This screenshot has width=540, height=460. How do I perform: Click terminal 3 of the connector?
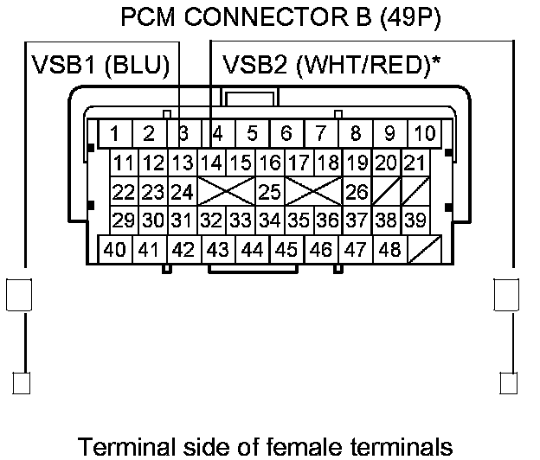[184, 133]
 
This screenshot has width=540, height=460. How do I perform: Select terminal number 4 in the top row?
[218, 133]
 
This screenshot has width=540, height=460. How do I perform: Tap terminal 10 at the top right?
[424, 133]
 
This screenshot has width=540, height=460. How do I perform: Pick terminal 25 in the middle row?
[270, 192]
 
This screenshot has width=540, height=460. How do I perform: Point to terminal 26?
[357, 192]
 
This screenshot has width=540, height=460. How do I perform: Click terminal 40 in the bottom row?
[115, 249]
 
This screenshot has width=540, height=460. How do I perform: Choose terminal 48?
[389, 249]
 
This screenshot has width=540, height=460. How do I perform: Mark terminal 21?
[415, 163]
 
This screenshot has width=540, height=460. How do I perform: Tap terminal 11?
[124, 163]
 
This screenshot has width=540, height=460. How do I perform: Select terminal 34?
[270, 220]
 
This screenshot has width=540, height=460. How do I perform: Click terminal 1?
[115, 133]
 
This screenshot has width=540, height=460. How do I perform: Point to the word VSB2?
[254, 65]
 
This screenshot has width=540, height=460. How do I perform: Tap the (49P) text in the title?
[410, 17]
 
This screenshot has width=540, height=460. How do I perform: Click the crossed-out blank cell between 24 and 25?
[226, 192]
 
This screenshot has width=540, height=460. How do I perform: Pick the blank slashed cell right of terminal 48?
[425, 249]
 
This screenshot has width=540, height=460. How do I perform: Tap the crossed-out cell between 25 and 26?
[313, 192]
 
